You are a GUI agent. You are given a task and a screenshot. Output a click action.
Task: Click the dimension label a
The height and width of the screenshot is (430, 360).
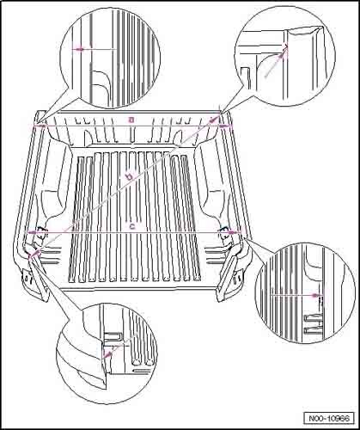tap(131, 120)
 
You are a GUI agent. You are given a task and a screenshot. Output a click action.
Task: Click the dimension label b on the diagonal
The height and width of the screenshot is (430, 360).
tap(130, 176)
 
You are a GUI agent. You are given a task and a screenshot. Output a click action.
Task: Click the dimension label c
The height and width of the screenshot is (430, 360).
tap(132, 226)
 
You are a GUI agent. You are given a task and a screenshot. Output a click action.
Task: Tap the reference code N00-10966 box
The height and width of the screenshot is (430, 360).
tap(329, 419)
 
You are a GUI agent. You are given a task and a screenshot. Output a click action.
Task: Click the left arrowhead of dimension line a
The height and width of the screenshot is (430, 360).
tap(40, 126)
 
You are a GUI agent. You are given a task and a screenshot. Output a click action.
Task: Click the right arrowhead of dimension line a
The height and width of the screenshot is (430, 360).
tap(224, 126)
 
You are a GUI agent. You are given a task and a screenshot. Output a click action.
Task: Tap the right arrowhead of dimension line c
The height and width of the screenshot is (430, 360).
tap(233, 232)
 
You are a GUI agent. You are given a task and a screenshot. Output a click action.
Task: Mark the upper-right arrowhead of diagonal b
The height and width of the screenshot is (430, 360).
tap(213, 120)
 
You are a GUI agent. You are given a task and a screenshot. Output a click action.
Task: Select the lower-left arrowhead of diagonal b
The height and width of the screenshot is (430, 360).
tap(35, 253)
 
